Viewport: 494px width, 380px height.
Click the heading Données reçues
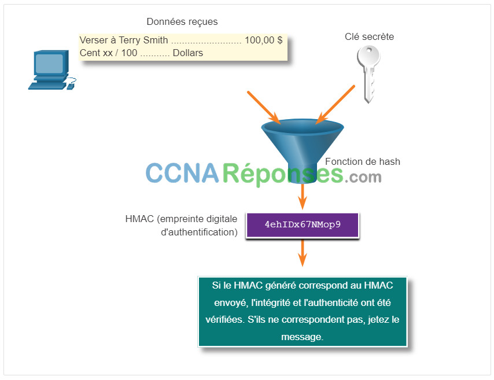pos(182,22)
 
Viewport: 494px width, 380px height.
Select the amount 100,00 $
pos(263,40)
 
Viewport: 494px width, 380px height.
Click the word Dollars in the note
pos(188,53)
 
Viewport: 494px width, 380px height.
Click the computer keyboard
pos(47,85)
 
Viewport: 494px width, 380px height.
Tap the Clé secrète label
pos(369,36)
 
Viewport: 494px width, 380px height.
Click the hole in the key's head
pos(368,50)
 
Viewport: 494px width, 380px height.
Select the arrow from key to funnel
pos(336,104)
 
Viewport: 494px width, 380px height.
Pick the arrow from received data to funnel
pos(264,108)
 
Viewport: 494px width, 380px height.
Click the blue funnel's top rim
pos(303,127)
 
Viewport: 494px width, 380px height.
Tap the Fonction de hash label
pos(363,161)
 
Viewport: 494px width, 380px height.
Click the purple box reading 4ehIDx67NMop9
pos(303,225)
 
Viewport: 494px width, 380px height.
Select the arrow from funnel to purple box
pos(303,196)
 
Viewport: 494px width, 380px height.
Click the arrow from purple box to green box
pos(303,253)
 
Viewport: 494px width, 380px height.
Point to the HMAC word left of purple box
pos(139,219)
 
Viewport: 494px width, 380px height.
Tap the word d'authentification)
pos(199,233)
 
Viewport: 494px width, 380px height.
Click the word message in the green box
pos(302,337)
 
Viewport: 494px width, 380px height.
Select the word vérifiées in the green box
pos(225,319)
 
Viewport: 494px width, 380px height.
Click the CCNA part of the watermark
pos(182,173)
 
